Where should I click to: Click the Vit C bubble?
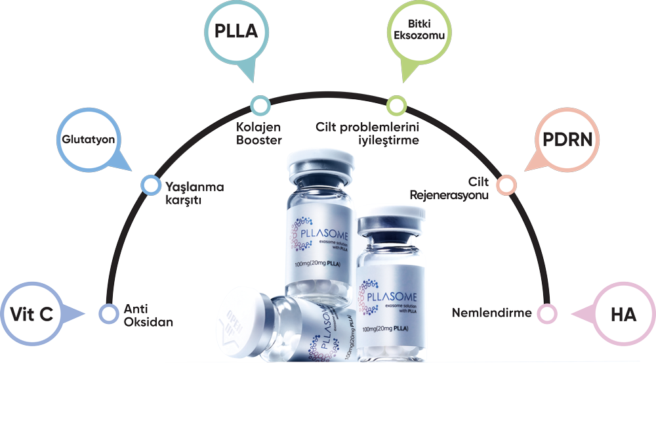click(x=31, y=315)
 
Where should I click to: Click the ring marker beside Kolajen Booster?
click(x=260, y=104)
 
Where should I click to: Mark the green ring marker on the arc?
click(x=396, y=104)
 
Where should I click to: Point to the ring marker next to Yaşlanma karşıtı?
click(x=150, y=185)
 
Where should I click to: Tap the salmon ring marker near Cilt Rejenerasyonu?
click(x=505, y=185)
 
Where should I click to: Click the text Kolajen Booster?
click(x=259, y=133)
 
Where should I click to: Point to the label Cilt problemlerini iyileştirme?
click(x=367, y=133)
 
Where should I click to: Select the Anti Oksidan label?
click(x=148, y=315)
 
